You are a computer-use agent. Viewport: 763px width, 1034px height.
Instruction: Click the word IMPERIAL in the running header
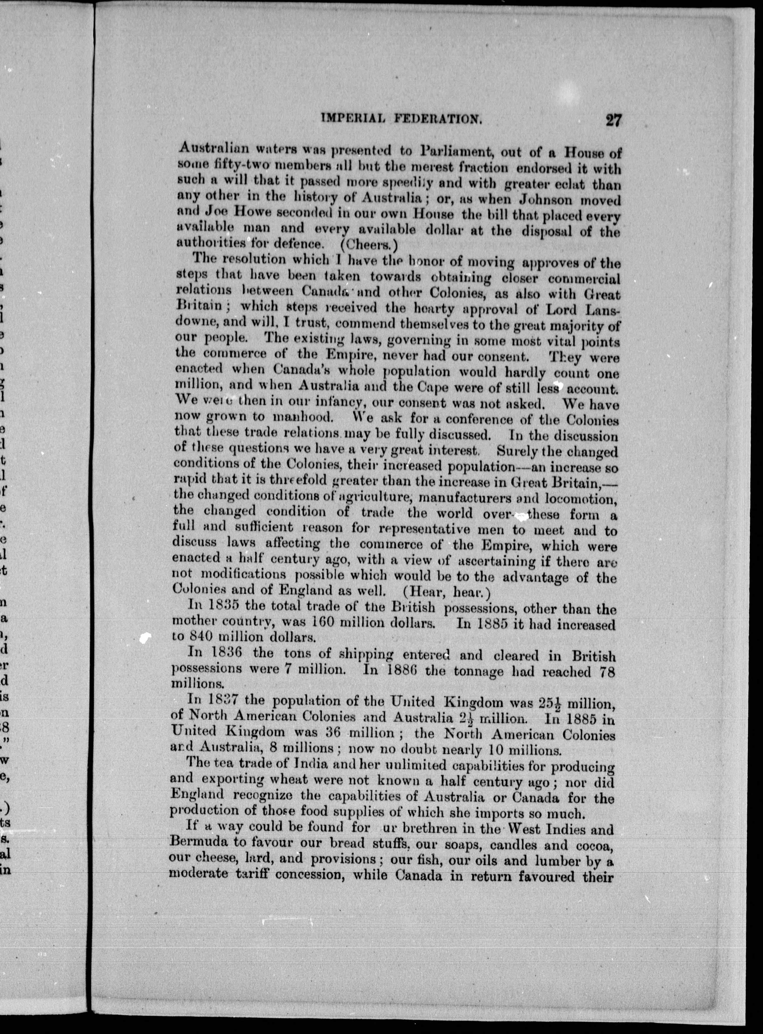pyautogui.click(x=353, y=119)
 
